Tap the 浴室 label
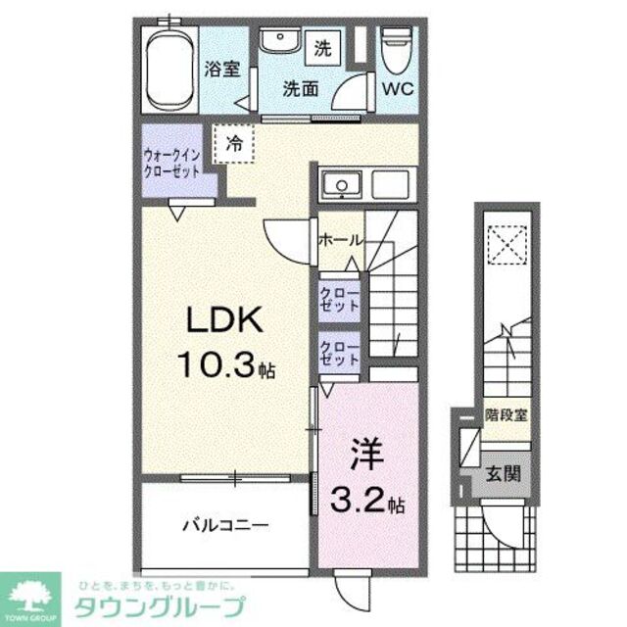222,70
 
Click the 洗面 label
302,88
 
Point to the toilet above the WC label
397,49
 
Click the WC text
398,89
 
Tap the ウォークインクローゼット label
171,161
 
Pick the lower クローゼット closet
338,354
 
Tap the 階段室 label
506,415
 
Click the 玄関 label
506,472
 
